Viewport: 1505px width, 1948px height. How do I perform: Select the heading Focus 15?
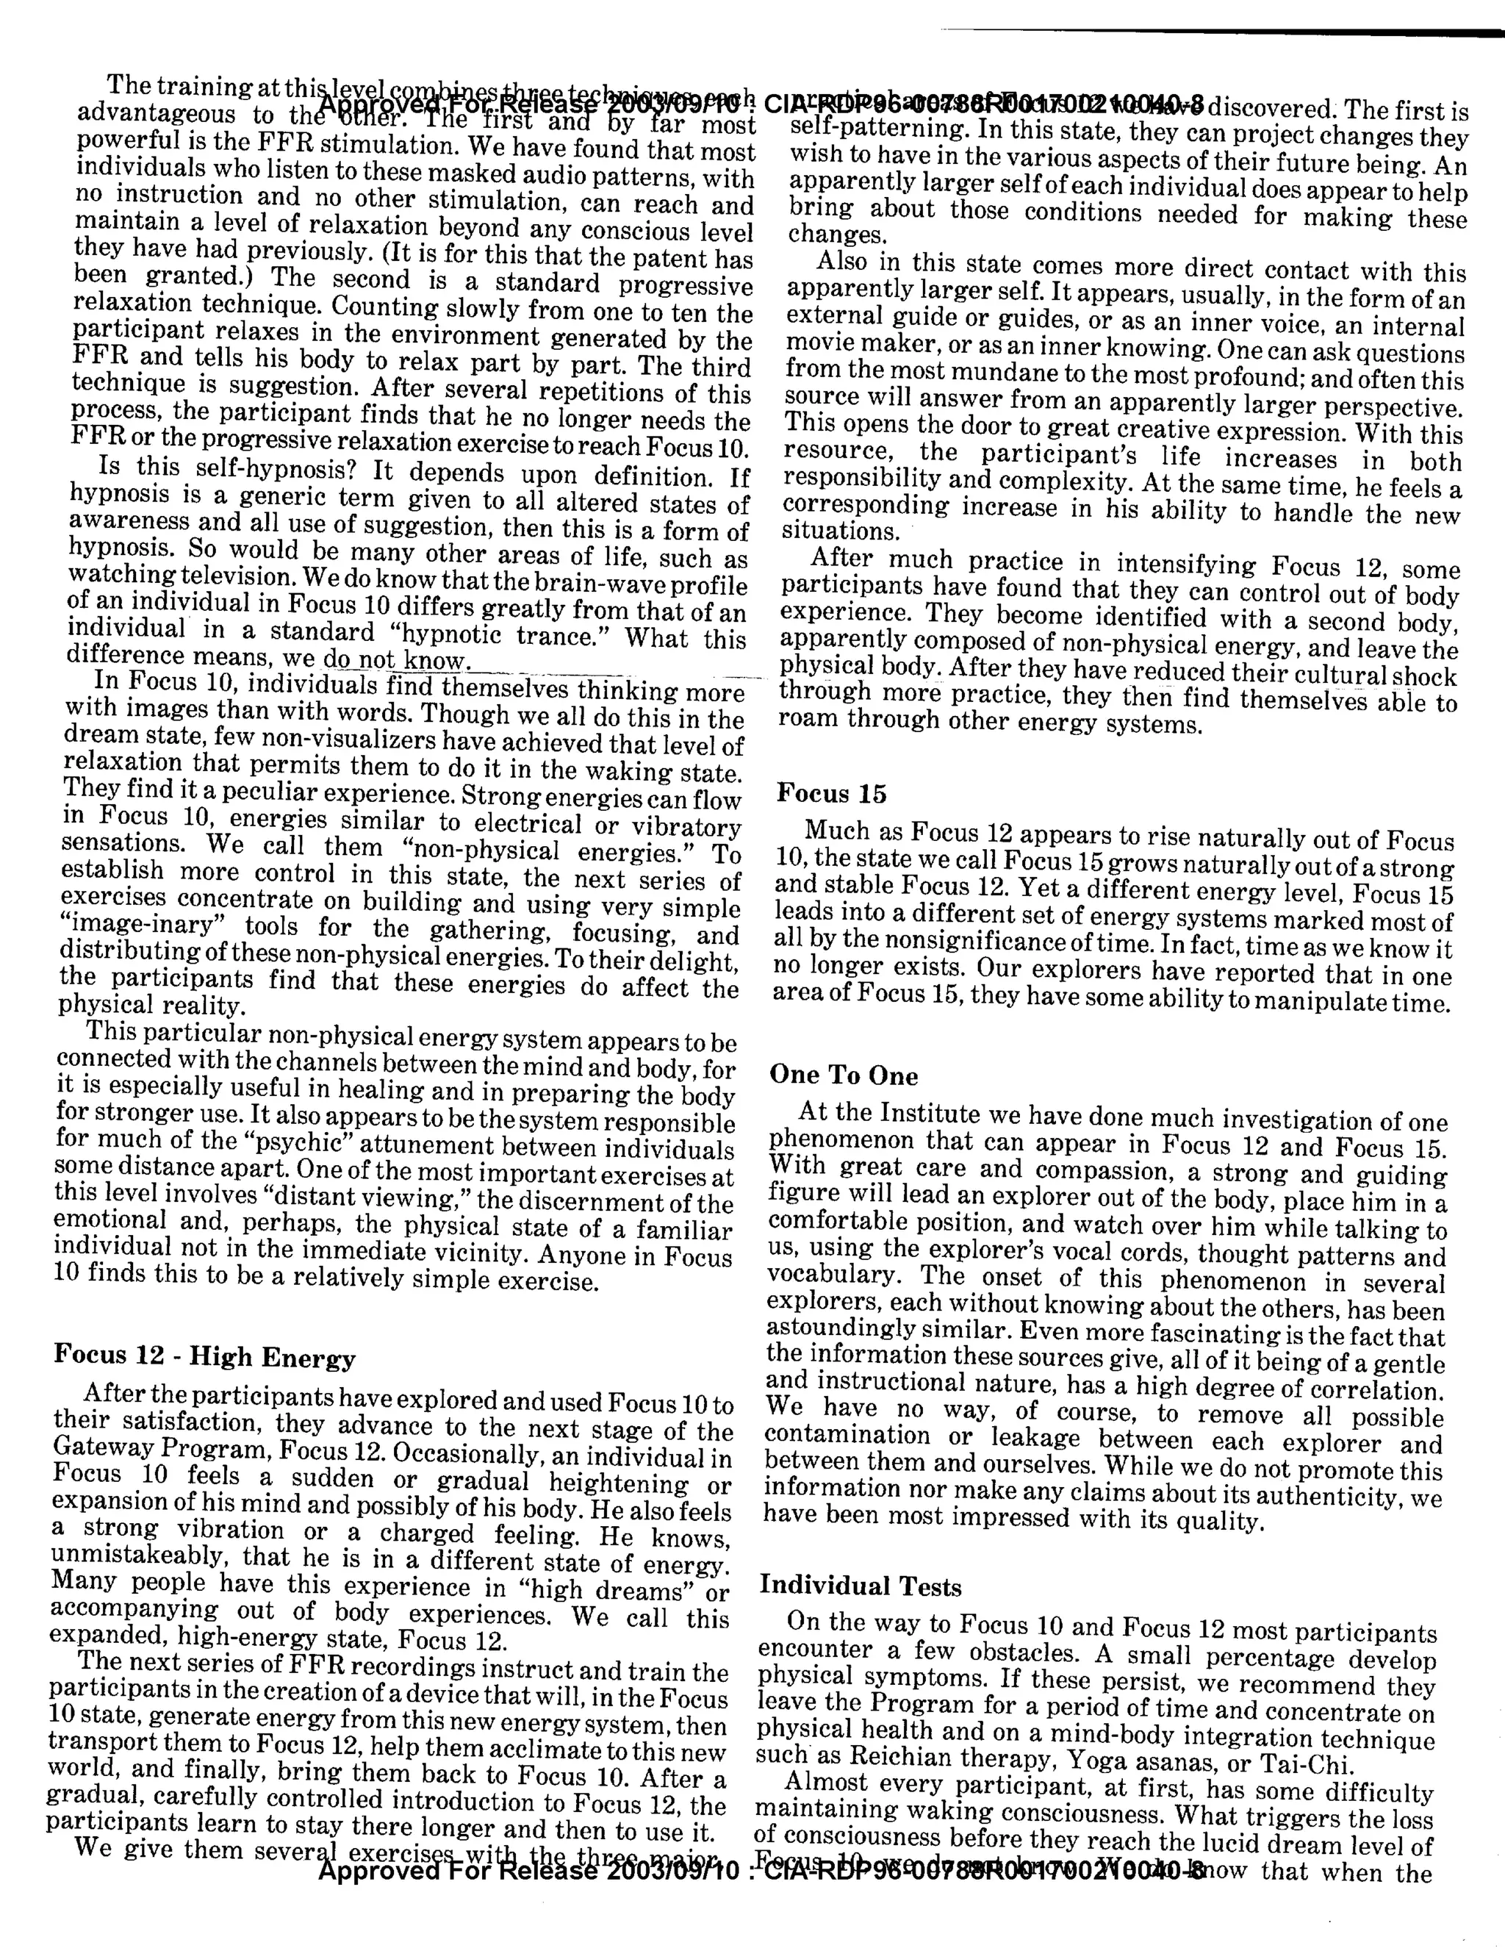[831, 793]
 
